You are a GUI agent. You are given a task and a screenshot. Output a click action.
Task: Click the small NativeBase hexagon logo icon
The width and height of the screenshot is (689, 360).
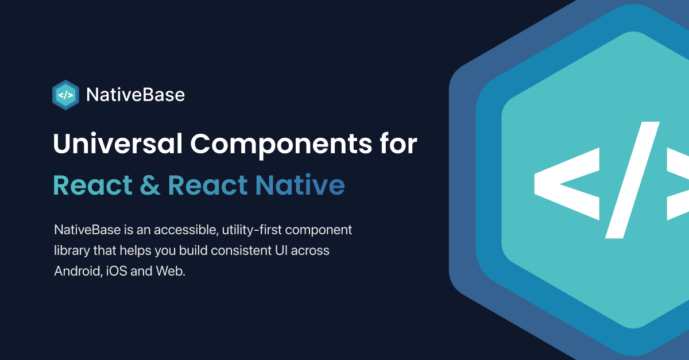(x=66, y=95)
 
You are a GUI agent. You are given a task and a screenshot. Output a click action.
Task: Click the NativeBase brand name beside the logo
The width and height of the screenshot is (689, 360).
(x=136, y=95)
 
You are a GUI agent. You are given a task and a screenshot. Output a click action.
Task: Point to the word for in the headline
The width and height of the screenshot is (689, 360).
(x=397, y=144)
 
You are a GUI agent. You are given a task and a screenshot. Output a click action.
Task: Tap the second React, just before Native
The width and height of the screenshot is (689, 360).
(x=208, y=185)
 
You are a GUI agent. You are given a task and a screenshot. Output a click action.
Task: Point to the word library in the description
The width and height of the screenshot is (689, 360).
(x=72, y=251)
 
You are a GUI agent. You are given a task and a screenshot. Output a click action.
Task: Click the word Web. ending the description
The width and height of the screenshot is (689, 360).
(x=171, y=272)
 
